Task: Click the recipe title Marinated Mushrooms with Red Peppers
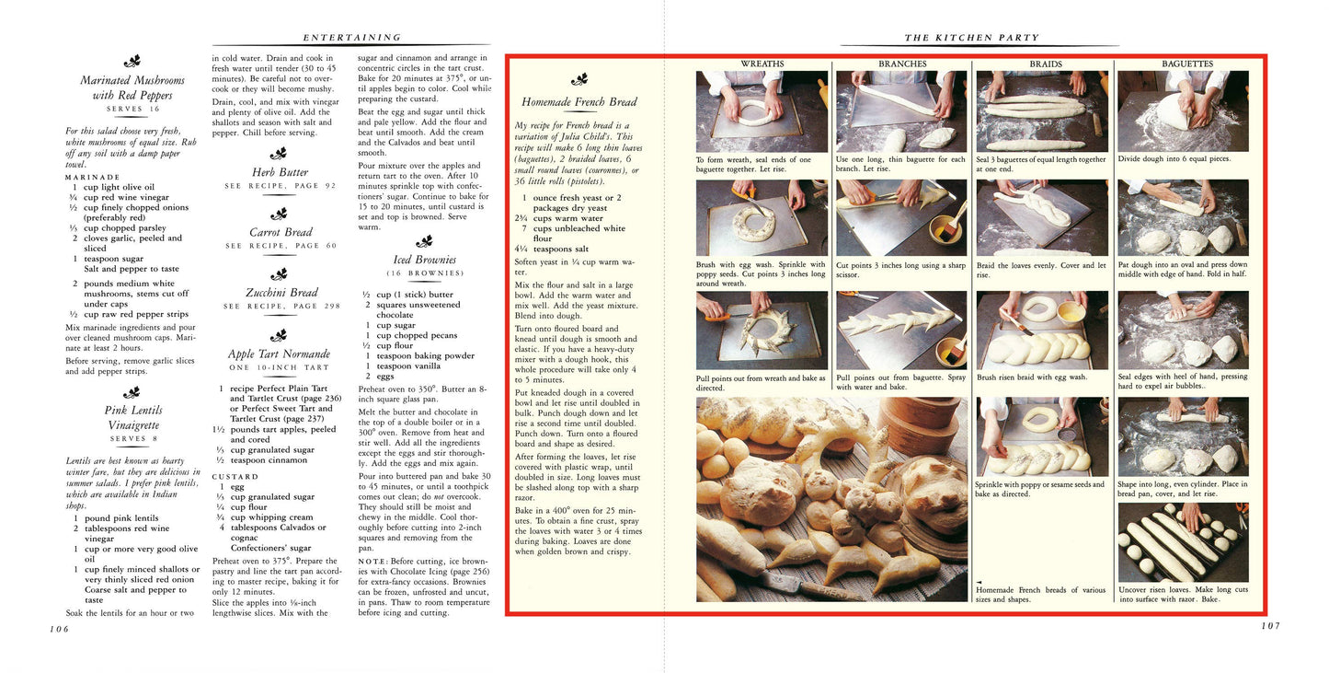click(132, 87)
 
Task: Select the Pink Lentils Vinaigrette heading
click(132, 417)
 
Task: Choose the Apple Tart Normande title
click(279, 354)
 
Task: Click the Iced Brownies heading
click(424, 260)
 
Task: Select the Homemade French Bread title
click(579, 102)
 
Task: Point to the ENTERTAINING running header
click(352, 38)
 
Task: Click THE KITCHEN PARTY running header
click(971, 38)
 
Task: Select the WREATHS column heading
click(762, 64)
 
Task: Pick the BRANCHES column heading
click(902, 64)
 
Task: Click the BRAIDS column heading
click(1045, 64)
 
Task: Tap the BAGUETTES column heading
click(1186, 64)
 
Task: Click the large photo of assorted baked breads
click(831, 498)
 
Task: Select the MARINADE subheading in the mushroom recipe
click(92, 177)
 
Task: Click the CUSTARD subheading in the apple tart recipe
click(235, 476)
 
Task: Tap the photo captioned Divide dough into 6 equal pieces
click(1183, 110)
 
